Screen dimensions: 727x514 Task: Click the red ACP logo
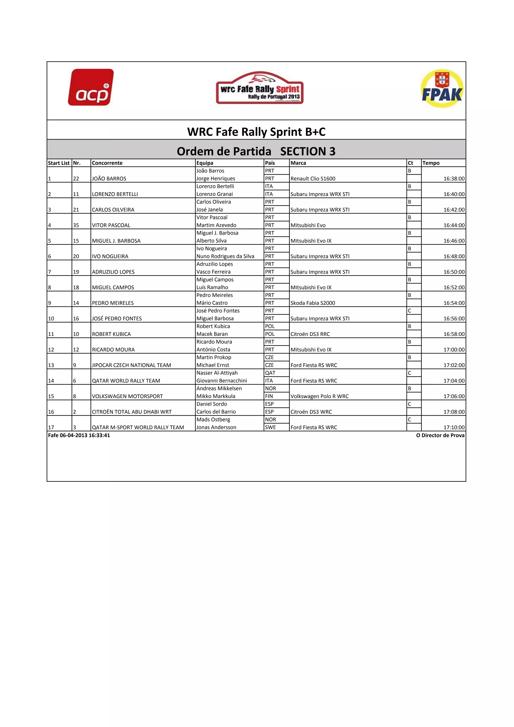(91, 87)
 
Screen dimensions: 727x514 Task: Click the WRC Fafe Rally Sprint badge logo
(260, 88)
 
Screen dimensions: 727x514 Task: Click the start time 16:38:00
(454, 178)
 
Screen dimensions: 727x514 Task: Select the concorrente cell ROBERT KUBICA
(111, 334)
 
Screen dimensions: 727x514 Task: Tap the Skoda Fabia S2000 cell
(313, 303)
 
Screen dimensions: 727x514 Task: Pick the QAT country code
(270, 373)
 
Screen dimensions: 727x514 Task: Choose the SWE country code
(270, 427)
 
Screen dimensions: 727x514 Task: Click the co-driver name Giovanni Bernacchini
(222, 381)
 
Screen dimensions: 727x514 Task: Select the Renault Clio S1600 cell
(313, 178)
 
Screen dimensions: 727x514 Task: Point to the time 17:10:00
(454, 427)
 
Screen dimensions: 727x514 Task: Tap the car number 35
(76, 225)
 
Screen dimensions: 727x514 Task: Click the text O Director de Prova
(440, 435)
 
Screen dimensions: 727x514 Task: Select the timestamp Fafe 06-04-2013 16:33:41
(79, 435)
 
